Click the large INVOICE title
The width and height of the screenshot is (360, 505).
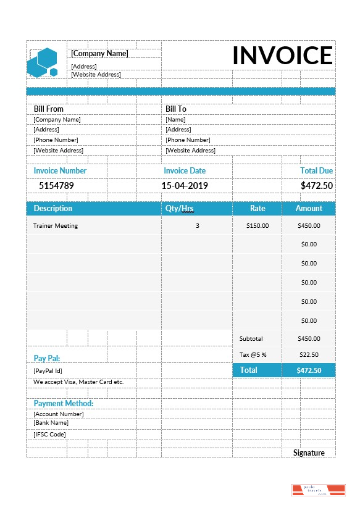pos(282,56)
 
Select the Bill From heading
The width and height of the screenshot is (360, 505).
pos(48,109)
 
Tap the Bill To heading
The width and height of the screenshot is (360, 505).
pos(175,109)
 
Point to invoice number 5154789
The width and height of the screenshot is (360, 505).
pos(56,185)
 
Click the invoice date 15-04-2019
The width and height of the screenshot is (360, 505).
pos(185,185)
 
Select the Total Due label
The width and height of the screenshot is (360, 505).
pos(316,170)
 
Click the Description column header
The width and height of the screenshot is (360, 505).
pos(52,209)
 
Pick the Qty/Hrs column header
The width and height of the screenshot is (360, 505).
pos(180,209)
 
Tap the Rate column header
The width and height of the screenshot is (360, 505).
pos(257,209)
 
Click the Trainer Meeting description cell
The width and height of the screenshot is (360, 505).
pos(56,226)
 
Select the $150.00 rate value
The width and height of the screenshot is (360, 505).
pos(257,226)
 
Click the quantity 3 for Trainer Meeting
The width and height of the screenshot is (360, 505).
pos(198,226)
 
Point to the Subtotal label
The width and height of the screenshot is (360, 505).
pos(251,339)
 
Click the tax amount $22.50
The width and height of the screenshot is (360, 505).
pos(308,355)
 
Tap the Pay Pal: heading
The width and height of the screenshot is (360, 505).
pos(46,358)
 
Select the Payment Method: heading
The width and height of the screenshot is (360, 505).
pos(63,403)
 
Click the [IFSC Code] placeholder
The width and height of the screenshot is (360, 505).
pos(49,435)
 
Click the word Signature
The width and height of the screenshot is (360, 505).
pos(309,453)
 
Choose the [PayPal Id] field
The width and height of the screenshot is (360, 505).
pos(48,371)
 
